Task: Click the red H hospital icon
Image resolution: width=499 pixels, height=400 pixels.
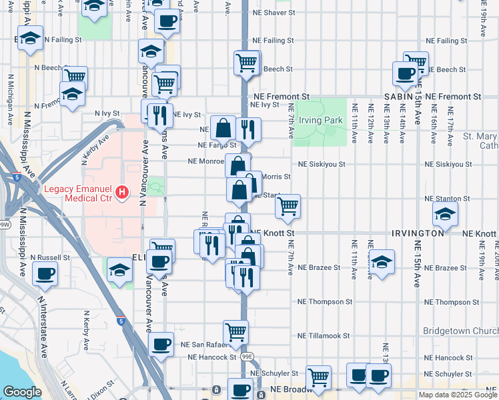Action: click(121, 193)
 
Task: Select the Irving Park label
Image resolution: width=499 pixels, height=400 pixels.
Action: click(320, 121)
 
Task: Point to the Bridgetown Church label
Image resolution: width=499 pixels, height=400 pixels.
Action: click(460, 331)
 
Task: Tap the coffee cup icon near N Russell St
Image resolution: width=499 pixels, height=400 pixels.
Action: click(45, 273)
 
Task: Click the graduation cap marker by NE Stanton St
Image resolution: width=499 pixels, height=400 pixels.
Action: click(445, 213)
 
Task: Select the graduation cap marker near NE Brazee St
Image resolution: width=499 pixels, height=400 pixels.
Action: click(381, 261)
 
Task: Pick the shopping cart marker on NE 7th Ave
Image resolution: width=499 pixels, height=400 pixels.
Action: click(288, 206)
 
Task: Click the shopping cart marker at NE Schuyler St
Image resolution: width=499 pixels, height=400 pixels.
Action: click(319, 377)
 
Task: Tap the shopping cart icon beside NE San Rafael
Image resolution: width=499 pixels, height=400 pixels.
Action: click(235, 331)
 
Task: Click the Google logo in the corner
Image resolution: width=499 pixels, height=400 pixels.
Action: click(22, 392)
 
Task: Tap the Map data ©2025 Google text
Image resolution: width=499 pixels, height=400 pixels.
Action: click(458, 395)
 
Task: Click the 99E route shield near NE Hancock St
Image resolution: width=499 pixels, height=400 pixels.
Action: click(247, 357)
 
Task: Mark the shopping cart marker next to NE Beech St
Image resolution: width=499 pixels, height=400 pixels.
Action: click(246, 63)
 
